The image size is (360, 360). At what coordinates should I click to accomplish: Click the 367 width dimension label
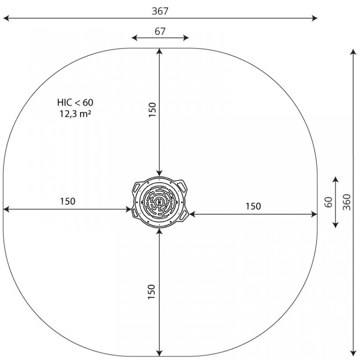(x=160, y=11)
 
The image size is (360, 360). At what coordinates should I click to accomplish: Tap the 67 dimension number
(x=160, y=31)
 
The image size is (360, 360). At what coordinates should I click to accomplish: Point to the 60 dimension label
(x=329, y=202)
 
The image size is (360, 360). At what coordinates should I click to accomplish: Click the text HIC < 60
(x=75, y=102)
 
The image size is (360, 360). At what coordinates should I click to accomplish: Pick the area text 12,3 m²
(x=75, y=113)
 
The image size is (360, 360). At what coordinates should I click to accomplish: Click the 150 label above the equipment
(x=152, y=110)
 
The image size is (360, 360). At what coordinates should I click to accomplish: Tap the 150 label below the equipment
(x=151, y=292)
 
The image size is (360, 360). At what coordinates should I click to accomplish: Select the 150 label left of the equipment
(x=67, y=202)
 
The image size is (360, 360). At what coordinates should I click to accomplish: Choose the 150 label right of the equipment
(x=253, y=206)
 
